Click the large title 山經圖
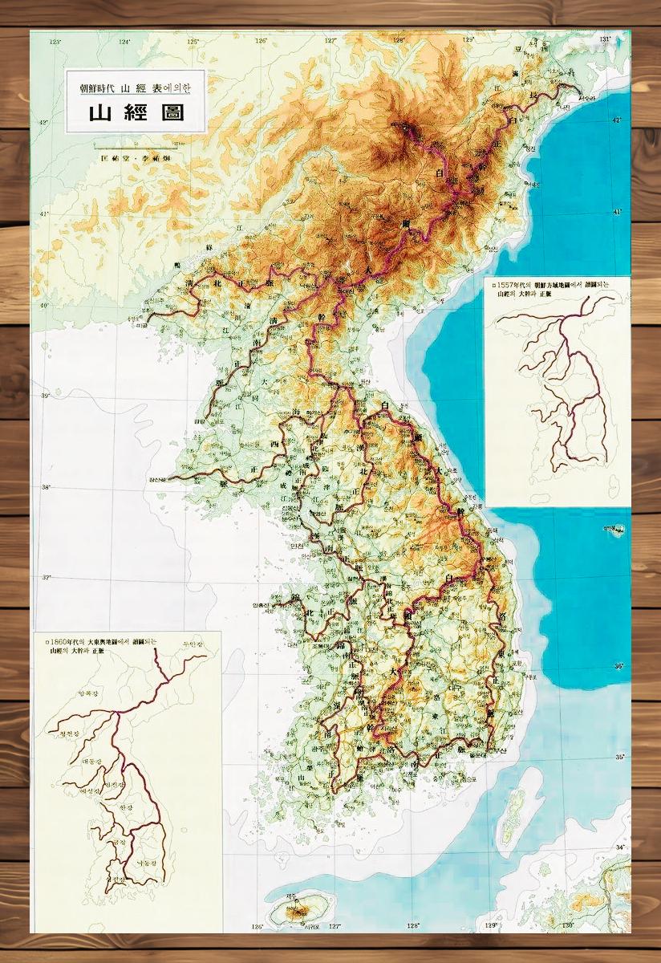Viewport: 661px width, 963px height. tap(136, 112)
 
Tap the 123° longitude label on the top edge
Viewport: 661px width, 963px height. tap(55, 41)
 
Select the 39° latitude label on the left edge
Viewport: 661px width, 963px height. tap(46, 396)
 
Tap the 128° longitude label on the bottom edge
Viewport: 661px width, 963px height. tap(412, 925)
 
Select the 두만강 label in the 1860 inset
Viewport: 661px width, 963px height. tap(193, 644)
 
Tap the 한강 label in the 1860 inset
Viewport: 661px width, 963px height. tap(125, 807)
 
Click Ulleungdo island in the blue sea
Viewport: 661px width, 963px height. tap(616, 530)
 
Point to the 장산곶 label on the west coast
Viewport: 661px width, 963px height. tap(157, 479)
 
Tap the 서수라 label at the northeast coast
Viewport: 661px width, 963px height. tap(588, 99)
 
